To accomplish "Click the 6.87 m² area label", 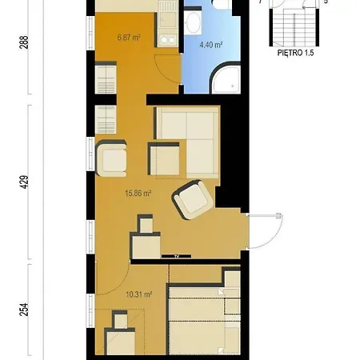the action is tap(129, 38).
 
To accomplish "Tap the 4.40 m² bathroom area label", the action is tap(211, 45).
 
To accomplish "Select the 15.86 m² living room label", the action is tap(138, 193).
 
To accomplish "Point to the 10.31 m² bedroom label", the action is tap(139, 294).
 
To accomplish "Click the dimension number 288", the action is tap(24, 42).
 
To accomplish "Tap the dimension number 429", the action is tap(24, 182).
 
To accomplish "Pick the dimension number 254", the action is tap(24, 310).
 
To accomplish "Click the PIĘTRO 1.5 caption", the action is tap(295, 53).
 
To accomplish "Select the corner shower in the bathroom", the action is tap(226, 78).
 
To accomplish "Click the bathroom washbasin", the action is tap(194, 22).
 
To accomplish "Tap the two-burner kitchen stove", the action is tap(167, 40).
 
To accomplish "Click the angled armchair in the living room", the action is tap(193, 199).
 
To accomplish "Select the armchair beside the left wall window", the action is tap(111, 158).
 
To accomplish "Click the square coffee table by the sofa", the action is tap(164, 159).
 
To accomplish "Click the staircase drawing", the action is tap(294, 26).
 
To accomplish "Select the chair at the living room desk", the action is tap(146, 223).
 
